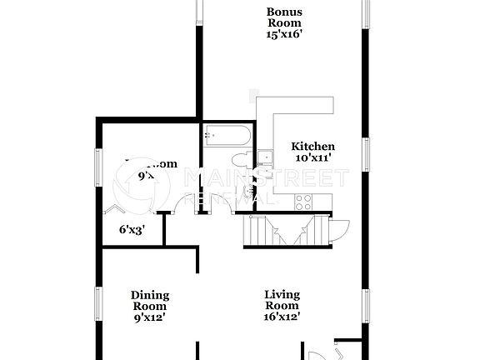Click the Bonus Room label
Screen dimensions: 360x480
(284, 17)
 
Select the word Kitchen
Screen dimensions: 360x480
(314, 145)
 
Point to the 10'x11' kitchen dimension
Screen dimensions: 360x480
(314, 157)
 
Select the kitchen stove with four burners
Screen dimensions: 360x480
(303, 200)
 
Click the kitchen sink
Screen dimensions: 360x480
(266, 157)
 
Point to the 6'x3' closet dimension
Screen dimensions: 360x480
(132, 230)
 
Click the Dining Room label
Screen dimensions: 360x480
(150, 300)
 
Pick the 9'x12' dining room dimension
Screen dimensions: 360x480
(150, 317)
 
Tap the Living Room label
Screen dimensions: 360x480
(282, 300)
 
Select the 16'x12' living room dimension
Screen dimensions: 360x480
(282, 317)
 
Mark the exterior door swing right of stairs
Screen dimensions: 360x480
(338, 228)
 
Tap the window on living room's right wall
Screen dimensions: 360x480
(364, 304)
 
